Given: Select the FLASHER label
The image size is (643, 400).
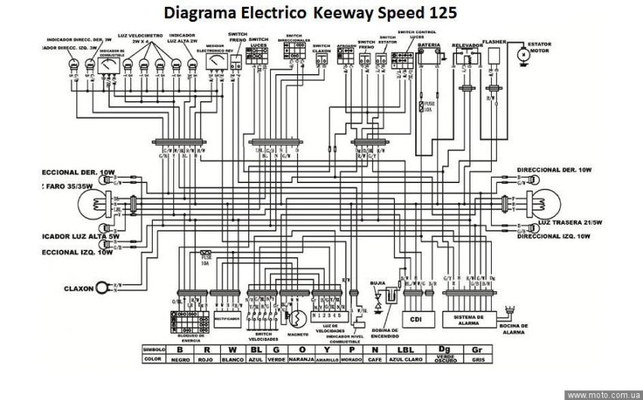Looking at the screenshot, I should [x=494, y=43].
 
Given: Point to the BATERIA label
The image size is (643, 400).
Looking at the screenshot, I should [x=429, y=45].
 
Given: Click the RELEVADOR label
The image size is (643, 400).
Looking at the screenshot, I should [x=467, y=45].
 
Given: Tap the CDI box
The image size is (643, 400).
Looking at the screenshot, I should [x=416, y=318].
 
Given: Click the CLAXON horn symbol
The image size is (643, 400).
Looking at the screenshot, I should [x=102, y=288].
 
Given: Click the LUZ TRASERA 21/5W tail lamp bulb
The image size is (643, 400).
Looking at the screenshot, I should [x=545, y=202].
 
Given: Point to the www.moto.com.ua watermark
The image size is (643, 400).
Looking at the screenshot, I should [x=603, y=394].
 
